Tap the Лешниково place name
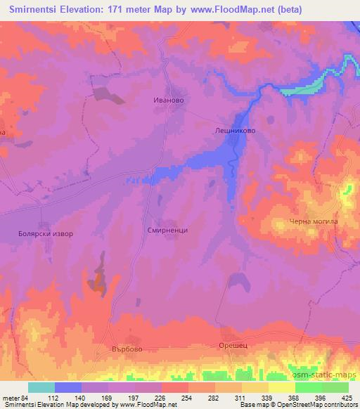tap(234, 130)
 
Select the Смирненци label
tap(168, 230)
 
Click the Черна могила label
tap(314, 222)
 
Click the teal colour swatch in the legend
tap(41, 387)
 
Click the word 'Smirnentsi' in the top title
tap(34, 8)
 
